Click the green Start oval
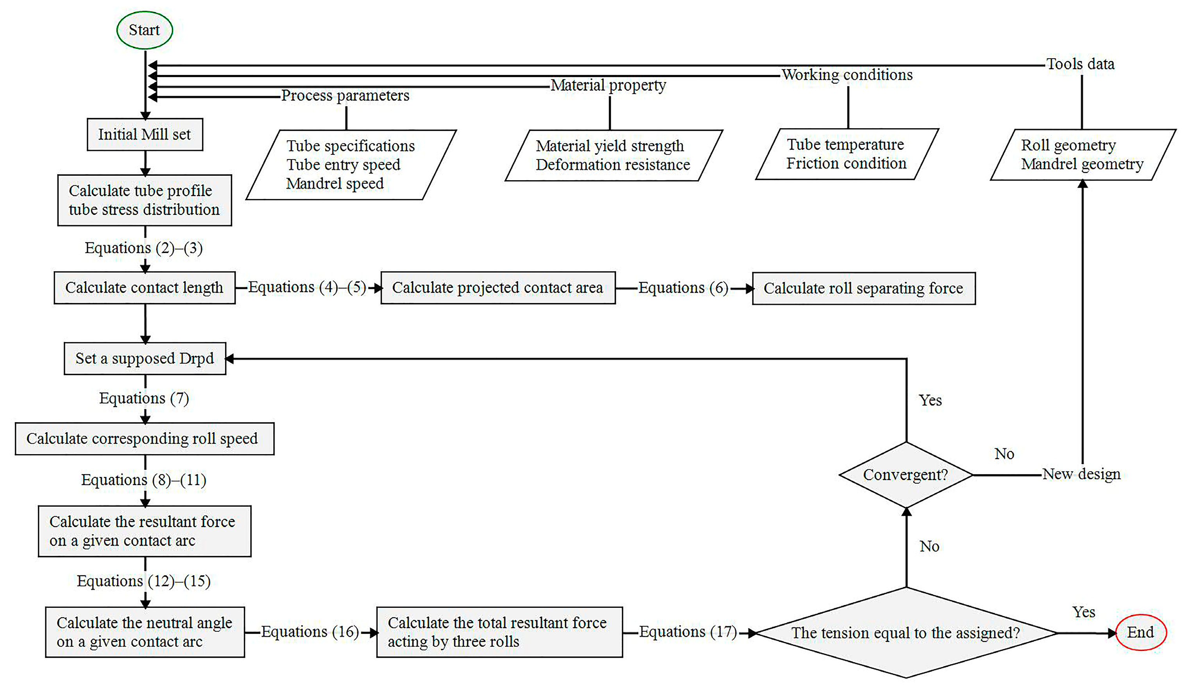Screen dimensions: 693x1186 (145, 30)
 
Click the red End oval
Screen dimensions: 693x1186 (1141, 632)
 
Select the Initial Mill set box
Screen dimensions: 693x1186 (145, 134)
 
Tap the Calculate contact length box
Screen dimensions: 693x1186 (145, 288)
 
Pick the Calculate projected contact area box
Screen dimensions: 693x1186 (498, 288)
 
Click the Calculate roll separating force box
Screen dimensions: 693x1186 (864, 288)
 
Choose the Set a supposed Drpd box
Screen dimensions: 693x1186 (145, 359)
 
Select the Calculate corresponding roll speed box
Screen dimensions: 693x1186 (145, 439)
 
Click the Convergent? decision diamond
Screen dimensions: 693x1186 (906, 475)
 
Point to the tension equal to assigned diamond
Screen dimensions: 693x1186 (906, 633)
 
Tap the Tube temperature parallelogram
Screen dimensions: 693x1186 (847, 154)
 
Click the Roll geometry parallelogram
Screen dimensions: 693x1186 (1082, 154)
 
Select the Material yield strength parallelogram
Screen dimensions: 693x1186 (613, 155)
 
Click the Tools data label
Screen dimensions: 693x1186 (1080, 64)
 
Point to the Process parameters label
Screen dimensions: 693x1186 (345, 96)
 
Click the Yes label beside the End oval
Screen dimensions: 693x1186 (1083, 612)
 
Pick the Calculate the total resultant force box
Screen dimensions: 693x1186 (499, 632)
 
